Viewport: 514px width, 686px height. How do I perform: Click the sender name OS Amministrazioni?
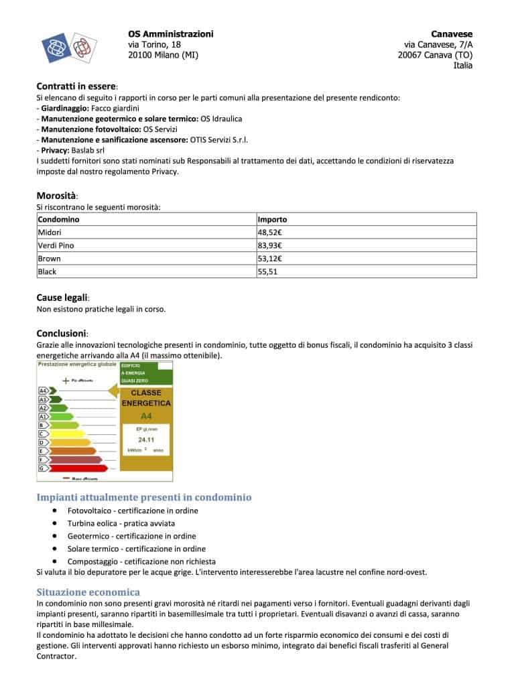pos(170,33)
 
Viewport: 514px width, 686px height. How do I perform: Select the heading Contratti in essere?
pos(76,86)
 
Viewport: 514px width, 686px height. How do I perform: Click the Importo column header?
pos(272,219)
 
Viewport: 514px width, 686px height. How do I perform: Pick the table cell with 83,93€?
pos(270,245)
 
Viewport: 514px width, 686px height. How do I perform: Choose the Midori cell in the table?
pos(50,232)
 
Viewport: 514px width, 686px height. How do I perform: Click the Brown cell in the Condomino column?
pos(50,259)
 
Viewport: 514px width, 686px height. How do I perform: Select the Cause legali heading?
pos(62,297)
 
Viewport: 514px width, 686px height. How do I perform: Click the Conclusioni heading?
pos(62,333)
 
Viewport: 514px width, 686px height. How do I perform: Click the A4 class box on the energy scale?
pos(44,390)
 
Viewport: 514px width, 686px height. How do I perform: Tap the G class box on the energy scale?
pos(42,468)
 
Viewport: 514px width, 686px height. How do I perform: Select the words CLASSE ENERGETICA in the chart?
pos(146,398)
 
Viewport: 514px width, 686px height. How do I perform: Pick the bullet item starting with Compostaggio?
pos(141,561)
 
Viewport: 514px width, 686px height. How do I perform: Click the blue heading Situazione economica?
pos(88,592)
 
